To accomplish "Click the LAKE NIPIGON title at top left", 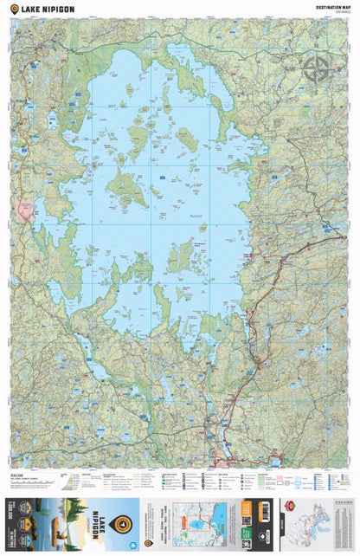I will click(x=46, y=9).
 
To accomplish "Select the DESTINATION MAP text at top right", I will click(x=335, y=7).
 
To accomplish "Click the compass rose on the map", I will click(x=316, y=68).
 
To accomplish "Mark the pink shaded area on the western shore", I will click(x=24, y=210).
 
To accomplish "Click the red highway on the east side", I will click(x=260, y=320).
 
